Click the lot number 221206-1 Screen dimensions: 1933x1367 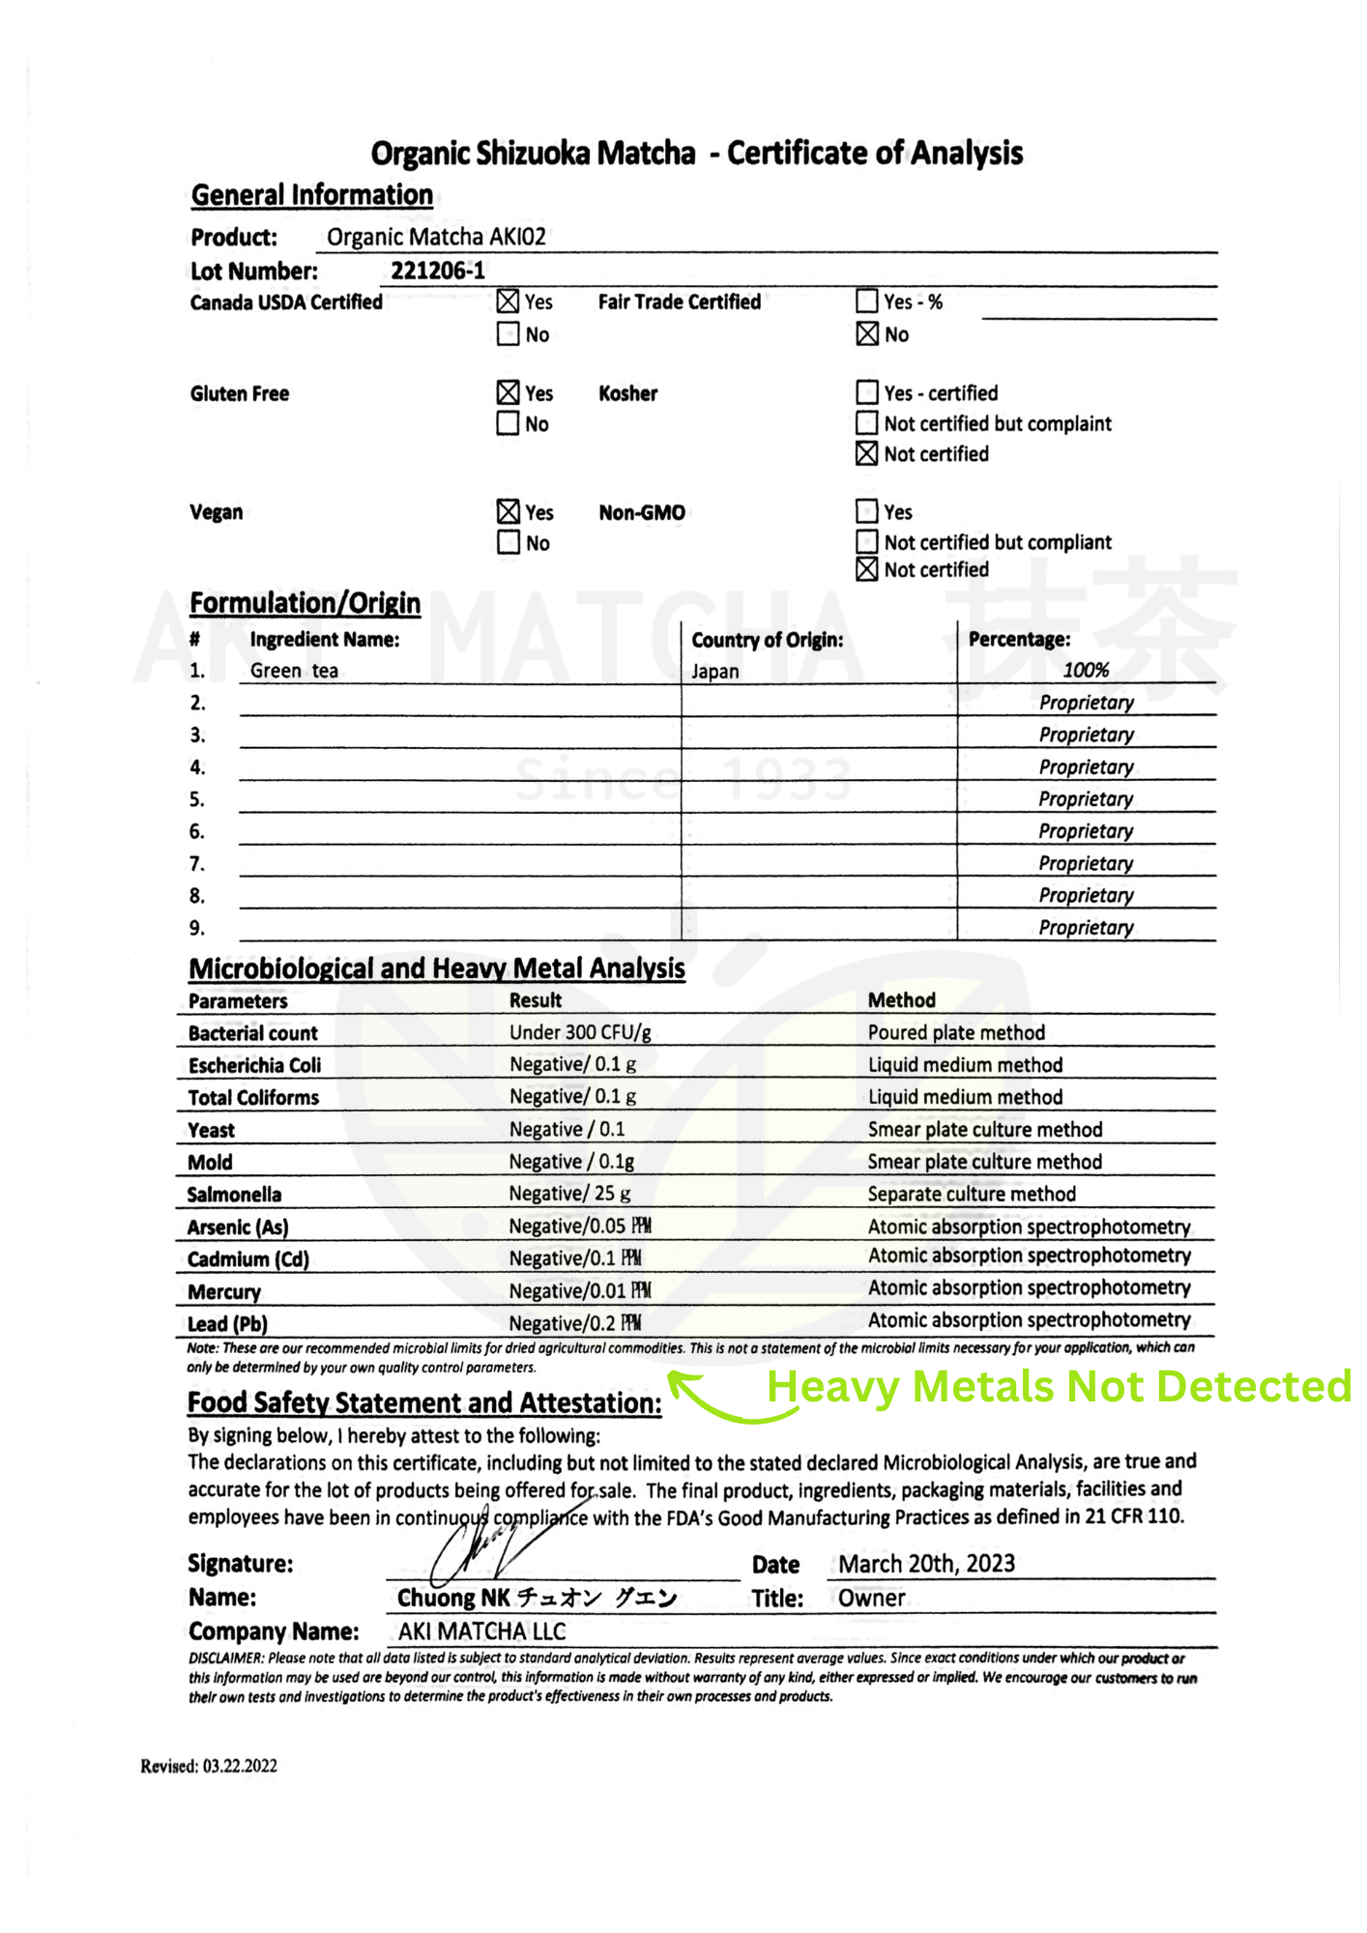click(438, 271)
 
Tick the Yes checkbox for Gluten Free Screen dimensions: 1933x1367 click(508, 392)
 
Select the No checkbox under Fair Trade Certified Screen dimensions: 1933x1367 click(867, 334)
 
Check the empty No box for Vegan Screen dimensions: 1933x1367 click(508, 542)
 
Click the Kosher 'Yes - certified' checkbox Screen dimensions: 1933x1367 click(867, 392)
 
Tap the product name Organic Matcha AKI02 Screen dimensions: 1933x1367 click(436, 237)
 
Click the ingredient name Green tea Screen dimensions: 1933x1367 click(294, 671)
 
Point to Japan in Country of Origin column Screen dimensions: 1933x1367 click(715, 672)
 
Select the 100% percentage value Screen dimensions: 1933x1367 click(1086, 670)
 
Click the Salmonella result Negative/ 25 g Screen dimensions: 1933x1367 click(570, 1194)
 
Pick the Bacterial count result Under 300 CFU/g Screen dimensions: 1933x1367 click(580, 1032)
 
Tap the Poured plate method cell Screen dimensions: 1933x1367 click(956, 1032)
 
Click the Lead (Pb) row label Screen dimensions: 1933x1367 click(227, 1324)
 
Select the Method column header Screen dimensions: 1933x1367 click(901, 1000)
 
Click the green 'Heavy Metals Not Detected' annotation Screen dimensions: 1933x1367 click(1059, 1387)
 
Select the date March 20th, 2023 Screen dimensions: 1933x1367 click(926, 1564)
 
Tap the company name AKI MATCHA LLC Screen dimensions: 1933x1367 click(481, 1631)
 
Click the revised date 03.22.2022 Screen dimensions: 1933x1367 click(240, 1766)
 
